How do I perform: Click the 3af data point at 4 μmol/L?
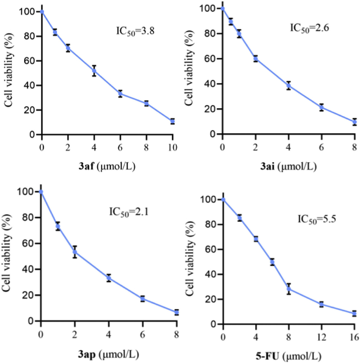click(x=94, y=71)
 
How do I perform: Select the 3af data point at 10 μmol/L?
click(x=172, y=122)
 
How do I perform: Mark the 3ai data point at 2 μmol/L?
click(x=256, y=59)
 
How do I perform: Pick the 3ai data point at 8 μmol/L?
click(x=354, y=122)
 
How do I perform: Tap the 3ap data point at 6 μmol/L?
click(x=142, y=299)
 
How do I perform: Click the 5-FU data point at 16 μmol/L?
click(x=354, y=313)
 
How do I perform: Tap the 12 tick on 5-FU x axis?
click(x=321, y=337)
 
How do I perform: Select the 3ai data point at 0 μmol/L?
click(x=223, y=9)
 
